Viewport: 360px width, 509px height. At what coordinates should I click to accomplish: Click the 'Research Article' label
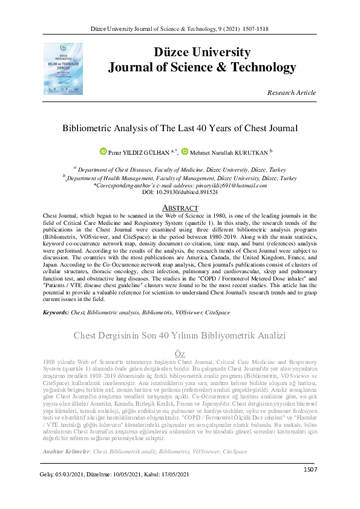coord(291,92)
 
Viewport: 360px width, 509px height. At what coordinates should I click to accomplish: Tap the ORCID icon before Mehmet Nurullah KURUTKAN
coord(185,151)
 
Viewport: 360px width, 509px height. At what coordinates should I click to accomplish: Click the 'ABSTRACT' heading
coord(180,207)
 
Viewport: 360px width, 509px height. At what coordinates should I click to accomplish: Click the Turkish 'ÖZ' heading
coord(180,352)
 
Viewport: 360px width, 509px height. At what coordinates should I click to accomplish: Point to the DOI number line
coord(180,192)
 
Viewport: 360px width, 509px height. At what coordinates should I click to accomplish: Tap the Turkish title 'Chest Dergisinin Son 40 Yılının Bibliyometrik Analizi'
coord(180,336)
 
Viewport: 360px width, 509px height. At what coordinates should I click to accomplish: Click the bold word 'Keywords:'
coord(56,312)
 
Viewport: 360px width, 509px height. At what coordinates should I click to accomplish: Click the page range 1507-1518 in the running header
coord(257,28)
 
